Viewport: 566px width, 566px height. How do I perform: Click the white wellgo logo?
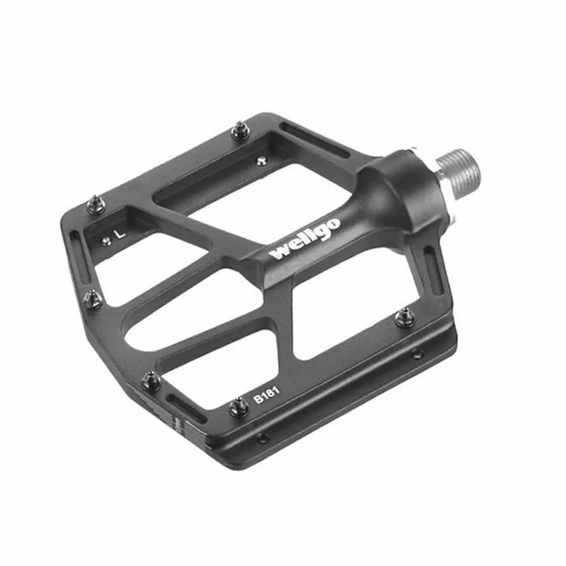[x=305, y=239]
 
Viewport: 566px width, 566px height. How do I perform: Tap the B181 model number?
[x=266, y=394]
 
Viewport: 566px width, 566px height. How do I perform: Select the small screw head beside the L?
[x=106, y=241]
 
